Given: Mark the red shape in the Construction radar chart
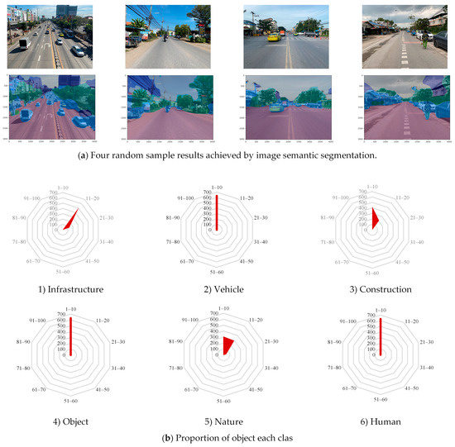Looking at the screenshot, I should pos(375,221).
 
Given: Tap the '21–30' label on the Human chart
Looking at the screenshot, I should pos(427,341).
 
